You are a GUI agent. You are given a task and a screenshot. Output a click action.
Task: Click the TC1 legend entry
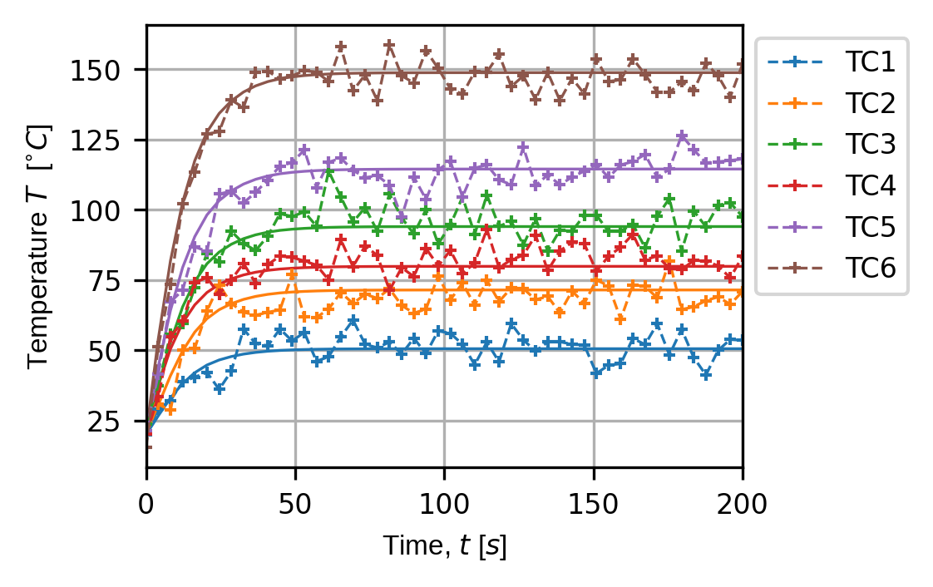coord(871,62)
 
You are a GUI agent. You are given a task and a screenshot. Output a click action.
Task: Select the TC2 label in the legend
coord(871,103)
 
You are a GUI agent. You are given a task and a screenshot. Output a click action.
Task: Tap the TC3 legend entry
coord(871,144)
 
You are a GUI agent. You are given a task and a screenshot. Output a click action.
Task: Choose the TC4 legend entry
coord(871,185)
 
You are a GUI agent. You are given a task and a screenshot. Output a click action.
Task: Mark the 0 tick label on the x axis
coord(147,503)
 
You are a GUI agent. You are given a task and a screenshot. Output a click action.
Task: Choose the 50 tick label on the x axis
coord(295,503)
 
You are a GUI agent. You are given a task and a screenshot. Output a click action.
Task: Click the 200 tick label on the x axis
coord(742,503)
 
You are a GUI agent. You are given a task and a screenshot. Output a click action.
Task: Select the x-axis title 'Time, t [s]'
coord(444,546)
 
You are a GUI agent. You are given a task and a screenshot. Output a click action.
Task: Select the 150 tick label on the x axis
coord(593,503)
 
